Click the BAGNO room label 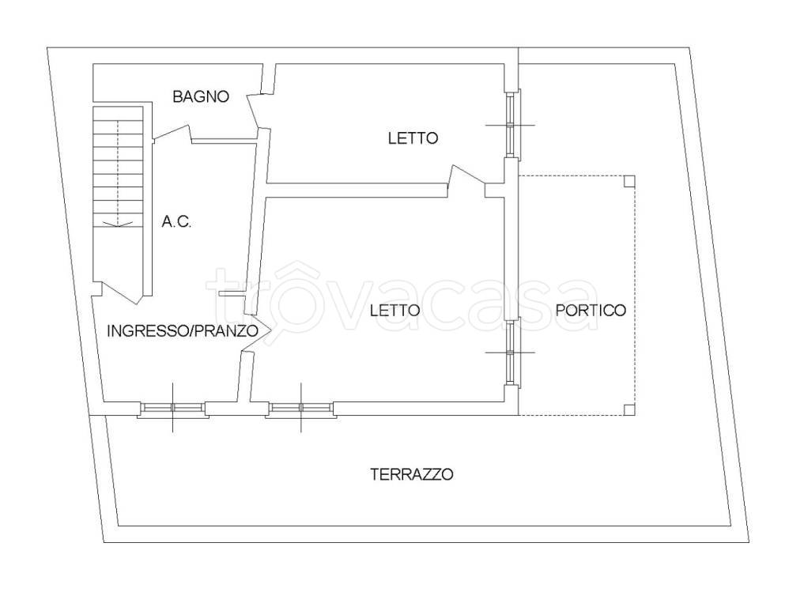click(x=201, y=97)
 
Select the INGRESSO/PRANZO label click(x=183, y=330)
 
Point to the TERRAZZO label click(x=411, y=474)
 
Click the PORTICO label click(x=591, y=310)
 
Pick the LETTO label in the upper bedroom click(x=413, y=138)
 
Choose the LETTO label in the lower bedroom click(x=394, y=310)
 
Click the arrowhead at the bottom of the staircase click(x=117, y=224)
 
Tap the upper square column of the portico click(x=628, y=181)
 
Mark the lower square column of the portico click(x=628, y=409)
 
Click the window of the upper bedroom click(x=511, y=125)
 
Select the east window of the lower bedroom click(x=511, y=352)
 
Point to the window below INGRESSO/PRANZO click(x=173, y=409)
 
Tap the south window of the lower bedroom click(x=300, y=409)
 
